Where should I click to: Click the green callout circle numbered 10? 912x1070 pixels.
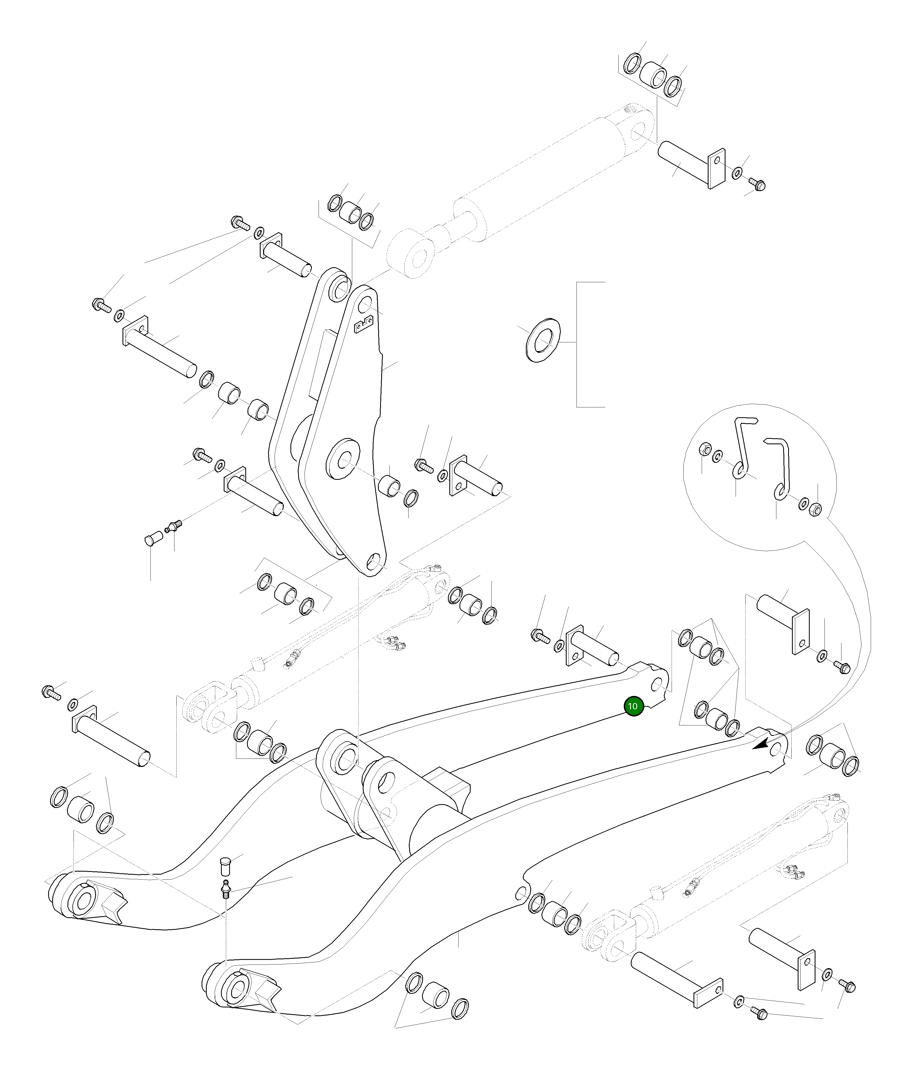pos(634,706)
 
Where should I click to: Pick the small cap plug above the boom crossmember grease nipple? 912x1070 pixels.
pos(225,865)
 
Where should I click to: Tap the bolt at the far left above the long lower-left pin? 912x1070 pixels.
pos(52,692)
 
